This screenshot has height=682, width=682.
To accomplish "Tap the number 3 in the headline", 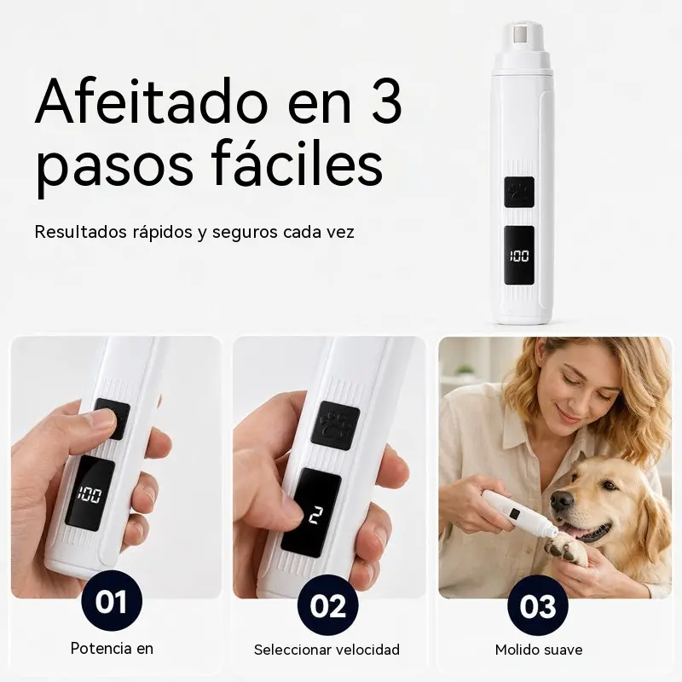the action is (385, 103).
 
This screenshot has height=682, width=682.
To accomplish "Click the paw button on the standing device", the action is (519, 192).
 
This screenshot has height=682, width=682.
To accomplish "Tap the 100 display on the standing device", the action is (519, 256).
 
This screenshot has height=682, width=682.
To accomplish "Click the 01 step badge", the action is (112, 603).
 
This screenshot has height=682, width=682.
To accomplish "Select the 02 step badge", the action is (328, 605).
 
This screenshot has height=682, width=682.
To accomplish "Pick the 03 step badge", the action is (538, 605).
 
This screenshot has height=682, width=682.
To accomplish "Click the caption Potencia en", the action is (112, 648).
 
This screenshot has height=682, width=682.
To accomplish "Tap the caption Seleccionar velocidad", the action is (327, 650).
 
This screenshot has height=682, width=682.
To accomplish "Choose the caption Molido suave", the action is (539, 650).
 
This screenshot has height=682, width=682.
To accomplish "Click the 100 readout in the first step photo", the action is (90, 494).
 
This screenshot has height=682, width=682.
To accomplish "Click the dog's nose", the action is (562, 500).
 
